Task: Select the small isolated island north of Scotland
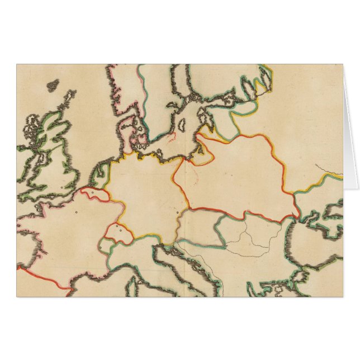pos(53,85)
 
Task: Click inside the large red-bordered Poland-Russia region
pos(235,173)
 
